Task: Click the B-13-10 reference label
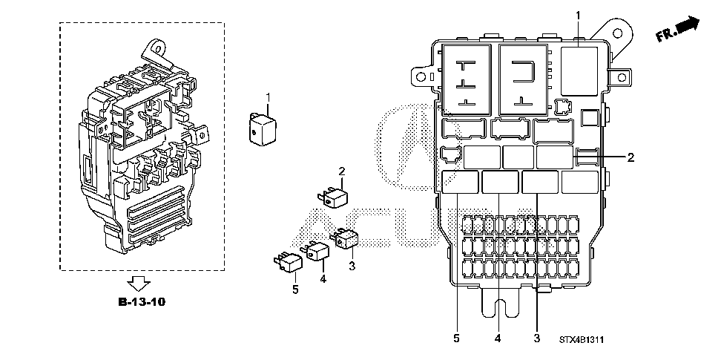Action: coord(142,302)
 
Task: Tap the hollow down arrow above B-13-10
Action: coord(139,283)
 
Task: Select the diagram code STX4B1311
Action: coord(582,340)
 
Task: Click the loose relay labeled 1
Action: coord(263,129)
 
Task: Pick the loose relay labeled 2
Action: coord(333,198)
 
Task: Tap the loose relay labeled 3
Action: coord(346,238)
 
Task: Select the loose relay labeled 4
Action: coord(316,252)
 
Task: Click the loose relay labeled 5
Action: coord(289,263)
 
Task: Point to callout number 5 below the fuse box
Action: coord(456,338)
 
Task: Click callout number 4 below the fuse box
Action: coord(498,338)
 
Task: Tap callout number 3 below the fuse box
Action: coord(536,338)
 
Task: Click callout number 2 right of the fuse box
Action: coord(631,157)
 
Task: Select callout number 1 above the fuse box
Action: coord(579,16)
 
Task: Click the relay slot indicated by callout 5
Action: coord(460,182)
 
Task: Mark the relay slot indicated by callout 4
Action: coord(500,182)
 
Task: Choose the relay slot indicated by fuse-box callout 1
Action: coord(579,71)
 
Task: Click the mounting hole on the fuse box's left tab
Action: coord(421,76)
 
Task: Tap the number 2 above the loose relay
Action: coord(342,171)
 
